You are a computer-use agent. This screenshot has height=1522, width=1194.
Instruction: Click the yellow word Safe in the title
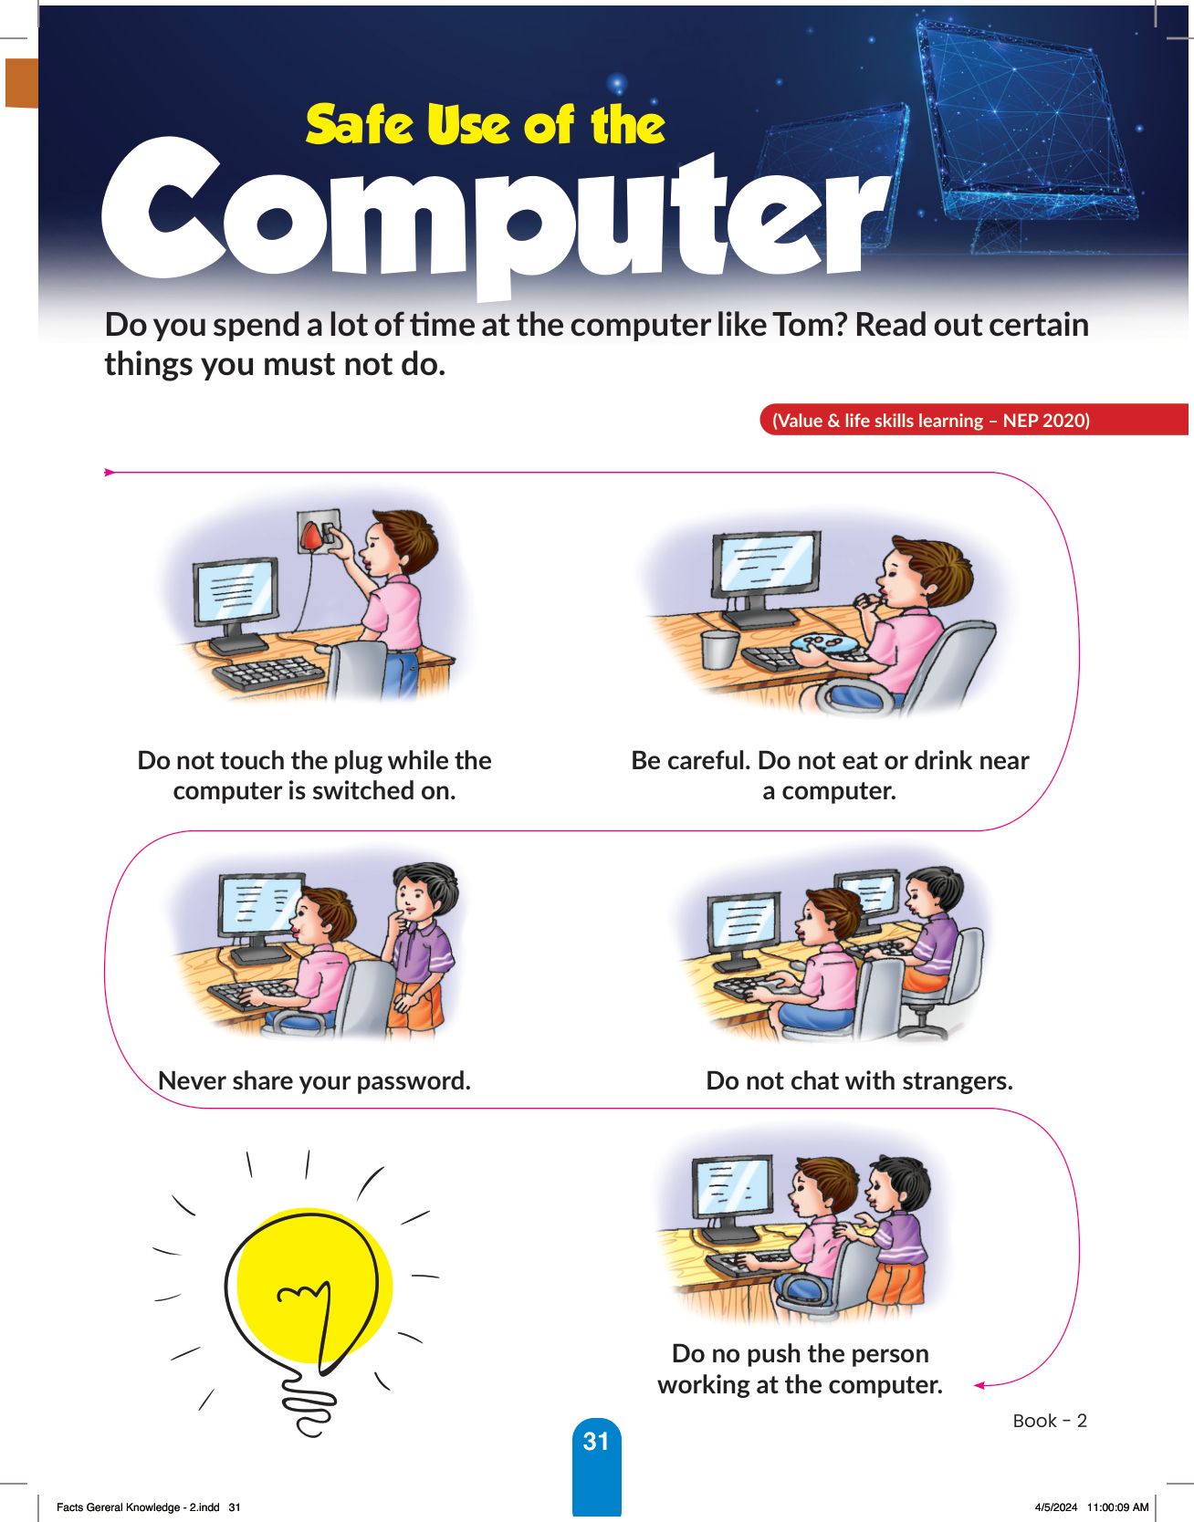(x=361, y=125)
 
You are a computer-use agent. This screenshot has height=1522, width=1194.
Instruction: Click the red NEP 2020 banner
(x=973, y=420)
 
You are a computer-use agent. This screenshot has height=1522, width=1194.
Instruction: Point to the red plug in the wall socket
(x=312, y=535)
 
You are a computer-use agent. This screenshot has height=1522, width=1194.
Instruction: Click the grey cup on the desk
(x=719, y=651)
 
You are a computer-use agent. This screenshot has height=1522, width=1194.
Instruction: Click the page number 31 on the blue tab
(x=596, y=1441)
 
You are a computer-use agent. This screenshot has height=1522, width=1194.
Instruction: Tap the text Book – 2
(x=1050, y=1421)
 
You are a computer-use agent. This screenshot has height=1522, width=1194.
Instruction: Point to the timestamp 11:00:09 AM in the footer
(x=1117, y=1507)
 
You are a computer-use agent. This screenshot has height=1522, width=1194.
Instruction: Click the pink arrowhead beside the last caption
(x=980, y=1385)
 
